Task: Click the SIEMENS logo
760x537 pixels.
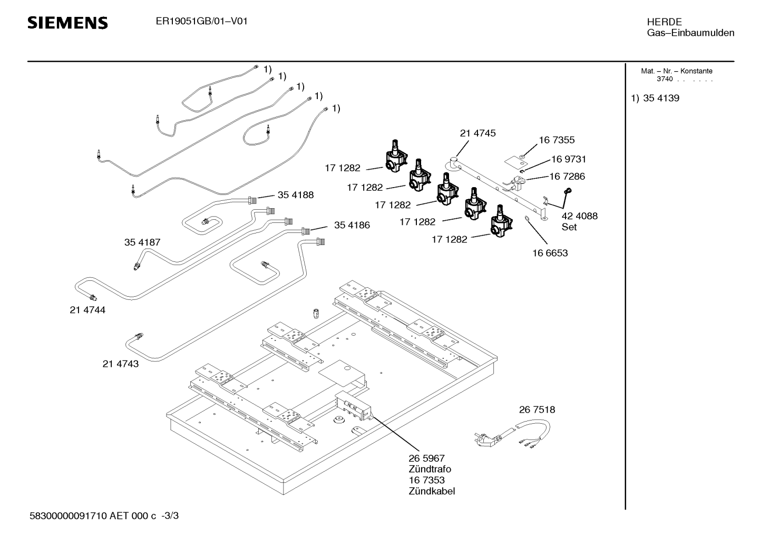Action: pos(67,23)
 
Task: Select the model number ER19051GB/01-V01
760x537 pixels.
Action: pos(202,22)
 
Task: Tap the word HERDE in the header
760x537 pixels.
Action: pos(664,22)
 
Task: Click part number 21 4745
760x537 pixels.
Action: pos(478,134)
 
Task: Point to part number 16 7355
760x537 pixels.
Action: pos(557,140)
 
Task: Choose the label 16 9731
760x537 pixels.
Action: pos(568,159)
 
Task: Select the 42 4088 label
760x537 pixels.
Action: pos(579,216)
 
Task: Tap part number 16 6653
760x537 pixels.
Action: pos(550,253)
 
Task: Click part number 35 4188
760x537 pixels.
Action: pos(295,195)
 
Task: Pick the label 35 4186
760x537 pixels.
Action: pos(352,225)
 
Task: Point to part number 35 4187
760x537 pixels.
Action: pos(142,242)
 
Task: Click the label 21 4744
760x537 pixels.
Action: pos(87,310)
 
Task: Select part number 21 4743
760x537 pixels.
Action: pos(121,364)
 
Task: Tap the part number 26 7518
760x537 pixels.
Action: pos(537,409)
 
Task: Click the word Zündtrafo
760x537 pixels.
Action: pos(430,469)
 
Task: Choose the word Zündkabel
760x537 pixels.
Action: pos(432,491)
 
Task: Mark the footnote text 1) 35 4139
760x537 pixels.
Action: pos(655,98)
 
